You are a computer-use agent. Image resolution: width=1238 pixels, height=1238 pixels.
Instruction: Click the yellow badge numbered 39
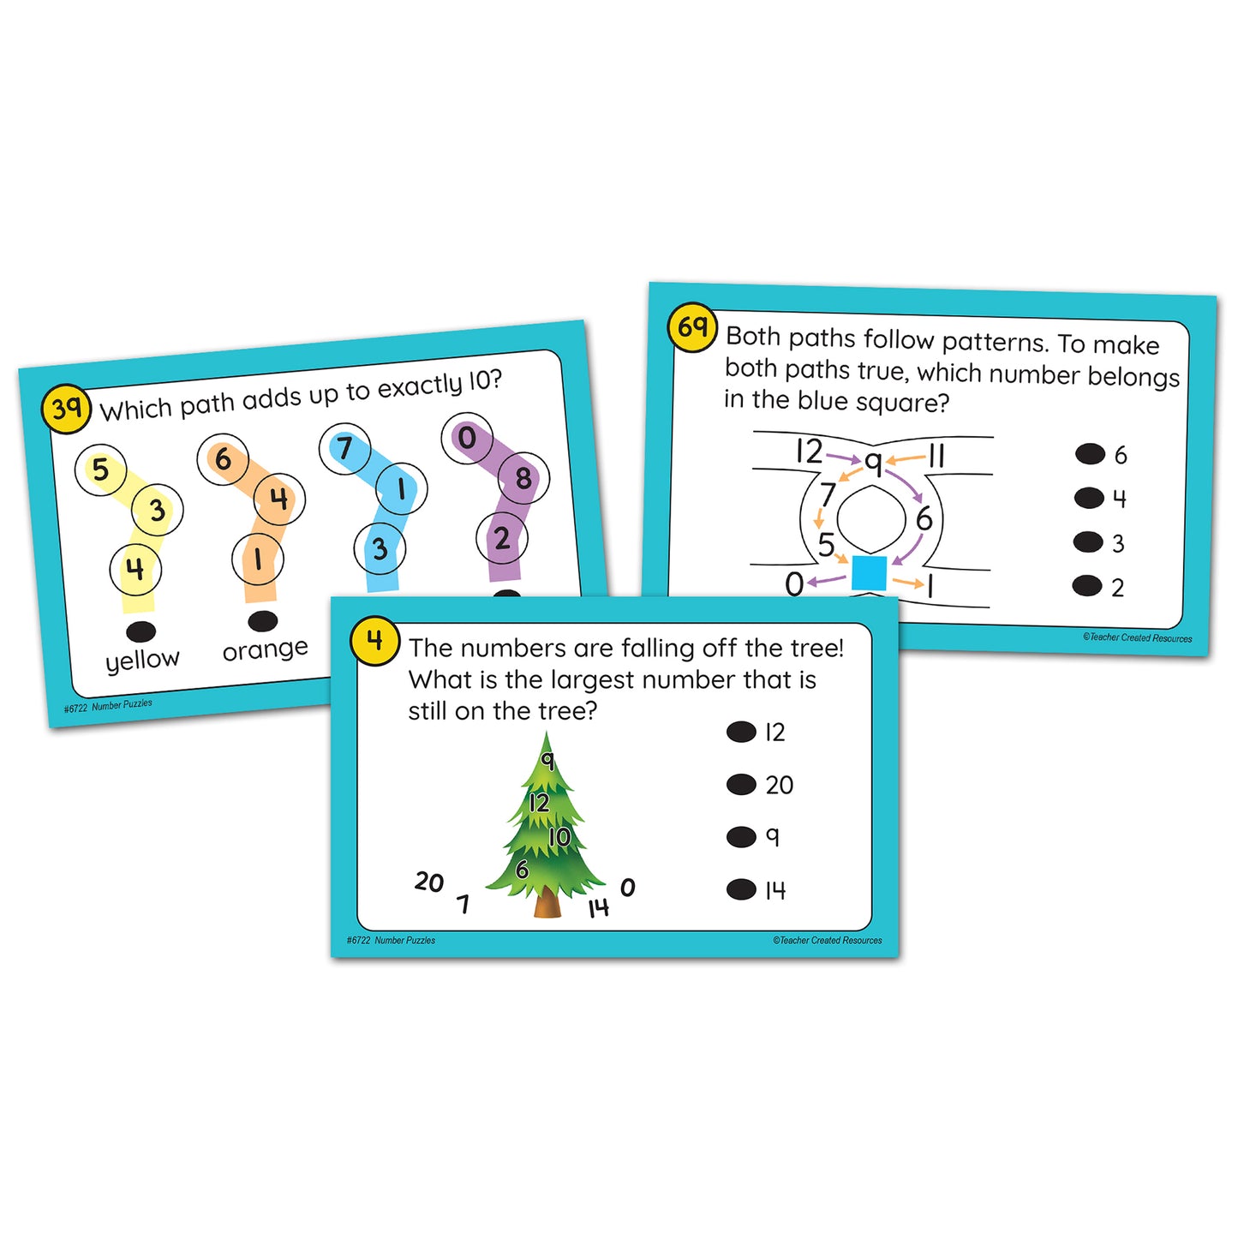pos(66,409)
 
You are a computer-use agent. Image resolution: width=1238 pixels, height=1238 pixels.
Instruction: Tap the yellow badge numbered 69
pos(692,327)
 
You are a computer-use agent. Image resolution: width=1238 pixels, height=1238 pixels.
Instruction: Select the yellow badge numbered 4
pos(374,641)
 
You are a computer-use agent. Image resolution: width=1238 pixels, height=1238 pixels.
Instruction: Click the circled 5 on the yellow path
pos(101,469)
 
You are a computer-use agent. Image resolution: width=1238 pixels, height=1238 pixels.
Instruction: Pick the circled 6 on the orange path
pos(223,459)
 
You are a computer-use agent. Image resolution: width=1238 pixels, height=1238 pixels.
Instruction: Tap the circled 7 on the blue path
pos(344,448)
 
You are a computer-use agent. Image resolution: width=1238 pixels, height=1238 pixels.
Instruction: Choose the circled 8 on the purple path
pos(523,478)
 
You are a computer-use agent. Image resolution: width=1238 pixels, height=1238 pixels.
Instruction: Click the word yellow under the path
pos(142,660)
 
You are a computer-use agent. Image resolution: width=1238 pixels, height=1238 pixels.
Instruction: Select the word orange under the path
pos(265,649)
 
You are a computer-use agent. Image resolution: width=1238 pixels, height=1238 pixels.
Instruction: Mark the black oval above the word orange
pos(262,620)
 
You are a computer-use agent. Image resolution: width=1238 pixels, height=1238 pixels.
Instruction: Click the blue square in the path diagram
pos(870,573)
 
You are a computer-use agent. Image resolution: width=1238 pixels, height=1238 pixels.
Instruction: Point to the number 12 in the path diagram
pos(809,451)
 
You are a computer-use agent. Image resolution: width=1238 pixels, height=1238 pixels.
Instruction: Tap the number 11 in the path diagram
pos(936,456)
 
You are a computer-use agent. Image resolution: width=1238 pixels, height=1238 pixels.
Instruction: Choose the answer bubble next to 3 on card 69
pos(1088,541)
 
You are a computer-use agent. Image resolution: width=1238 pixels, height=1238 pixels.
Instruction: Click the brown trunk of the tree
pos(547,903)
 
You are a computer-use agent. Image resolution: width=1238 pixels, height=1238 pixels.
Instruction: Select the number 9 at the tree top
pos(547,759)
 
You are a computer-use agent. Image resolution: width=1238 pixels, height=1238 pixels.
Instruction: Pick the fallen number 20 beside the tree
pos(429,882)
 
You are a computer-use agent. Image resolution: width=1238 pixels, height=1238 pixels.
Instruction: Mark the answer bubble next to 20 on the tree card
pos(741,784)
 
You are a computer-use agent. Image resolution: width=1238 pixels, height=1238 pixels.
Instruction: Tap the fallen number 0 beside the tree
pos(628,888)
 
